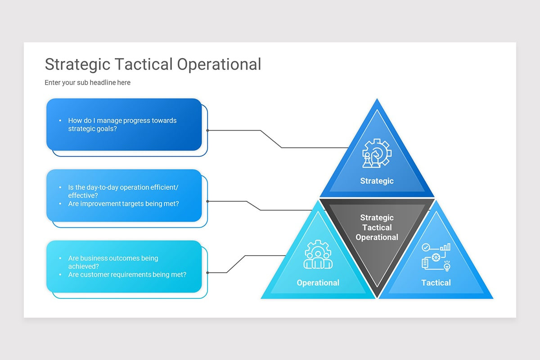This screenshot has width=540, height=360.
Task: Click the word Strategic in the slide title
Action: (x=77, y=64)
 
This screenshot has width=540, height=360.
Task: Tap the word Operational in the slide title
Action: (x=219, y=64)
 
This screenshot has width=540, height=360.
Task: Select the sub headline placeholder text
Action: (x=87, y=83)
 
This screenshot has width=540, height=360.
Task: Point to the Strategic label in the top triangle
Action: (x=377, y=181)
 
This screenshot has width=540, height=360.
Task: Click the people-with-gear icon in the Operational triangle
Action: (x=318, y=255)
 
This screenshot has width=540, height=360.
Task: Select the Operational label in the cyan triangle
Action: (x=318, y=283)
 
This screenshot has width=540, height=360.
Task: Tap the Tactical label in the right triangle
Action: (x=436, y=283)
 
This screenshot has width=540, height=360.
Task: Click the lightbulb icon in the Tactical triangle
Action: (x=447, y=266)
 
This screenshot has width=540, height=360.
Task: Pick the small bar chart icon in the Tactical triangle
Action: (x=445, y=247)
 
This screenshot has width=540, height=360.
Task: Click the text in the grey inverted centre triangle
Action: (x=377, y=227)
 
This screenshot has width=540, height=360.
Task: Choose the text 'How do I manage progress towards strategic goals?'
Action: (x=122, y=125)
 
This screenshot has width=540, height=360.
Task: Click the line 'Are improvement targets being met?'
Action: (x=123, y=203)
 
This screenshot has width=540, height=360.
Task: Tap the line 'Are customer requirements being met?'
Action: (x=127, y=274)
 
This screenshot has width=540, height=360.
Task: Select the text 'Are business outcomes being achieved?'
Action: (x=113, y=262)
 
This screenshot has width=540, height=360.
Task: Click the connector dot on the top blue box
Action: (x=207, y=130)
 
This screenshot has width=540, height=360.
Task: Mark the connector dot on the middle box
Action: (x=207, y=201)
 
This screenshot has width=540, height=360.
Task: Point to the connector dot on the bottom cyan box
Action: (x=207, y=273)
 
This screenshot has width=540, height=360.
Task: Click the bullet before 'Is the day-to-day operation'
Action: (x=60, y=187)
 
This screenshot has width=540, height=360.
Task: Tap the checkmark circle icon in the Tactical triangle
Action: (x=425, y=247)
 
